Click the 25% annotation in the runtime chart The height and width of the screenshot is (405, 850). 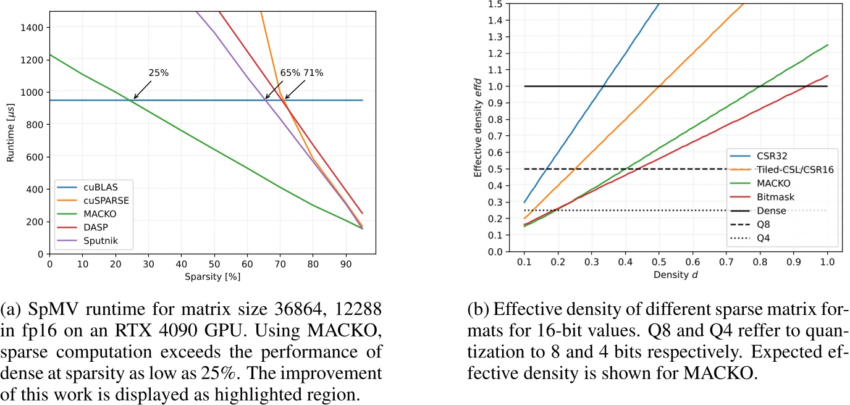click(159, 73)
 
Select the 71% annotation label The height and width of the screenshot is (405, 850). click(313, 73)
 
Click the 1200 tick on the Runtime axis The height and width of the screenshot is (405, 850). click(32, 60)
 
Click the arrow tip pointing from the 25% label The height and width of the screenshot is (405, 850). click(134, 99)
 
